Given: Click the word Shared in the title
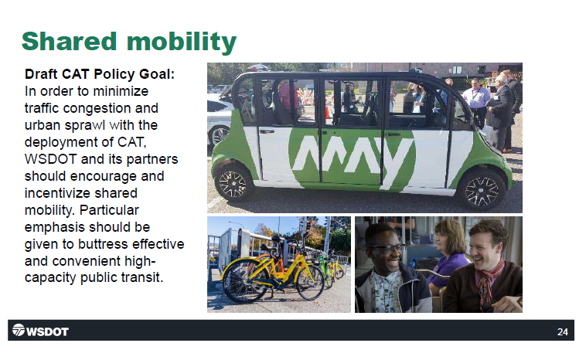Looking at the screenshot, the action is tap(69, 41).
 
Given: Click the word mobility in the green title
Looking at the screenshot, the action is tap(182, 42).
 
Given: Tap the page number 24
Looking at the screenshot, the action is tap(563, 331).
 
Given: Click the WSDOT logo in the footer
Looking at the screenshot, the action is tap(40, 331).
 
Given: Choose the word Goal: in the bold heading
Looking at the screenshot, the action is tap(157, 74).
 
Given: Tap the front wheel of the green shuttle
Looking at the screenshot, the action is tap(482, 190).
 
